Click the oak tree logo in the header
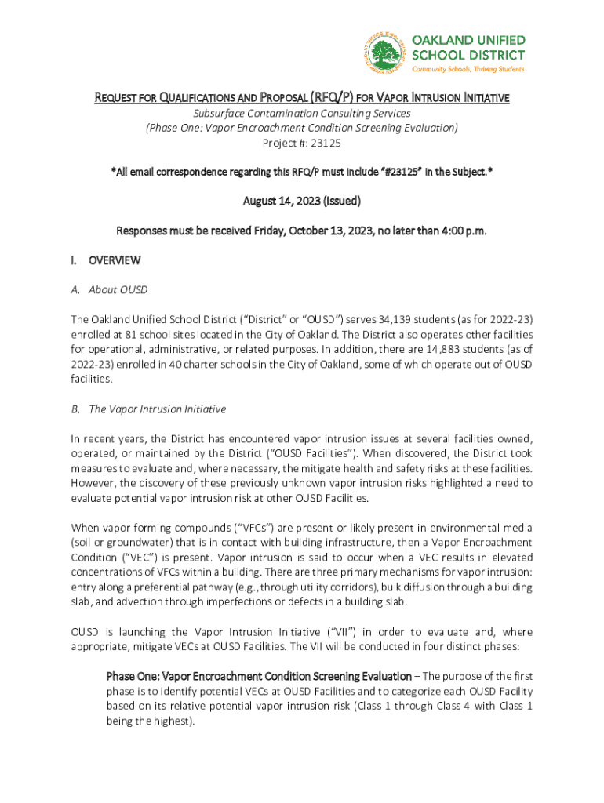(x=384, y=55)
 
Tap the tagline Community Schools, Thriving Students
(x=468, y=69)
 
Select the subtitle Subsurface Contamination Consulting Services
(x=302, y=114)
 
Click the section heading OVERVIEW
(x=115, y=260)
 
